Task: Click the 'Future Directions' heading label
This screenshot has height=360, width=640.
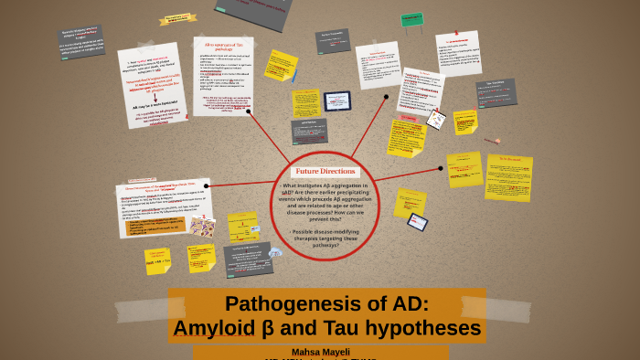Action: (325, 171)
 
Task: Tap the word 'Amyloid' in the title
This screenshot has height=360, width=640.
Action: (216, 328)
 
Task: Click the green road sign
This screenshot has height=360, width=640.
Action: (412, 19)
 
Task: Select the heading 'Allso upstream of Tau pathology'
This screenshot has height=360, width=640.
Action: (223, 47)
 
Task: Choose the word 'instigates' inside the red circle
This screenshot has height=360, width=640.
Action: (319, 185)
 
